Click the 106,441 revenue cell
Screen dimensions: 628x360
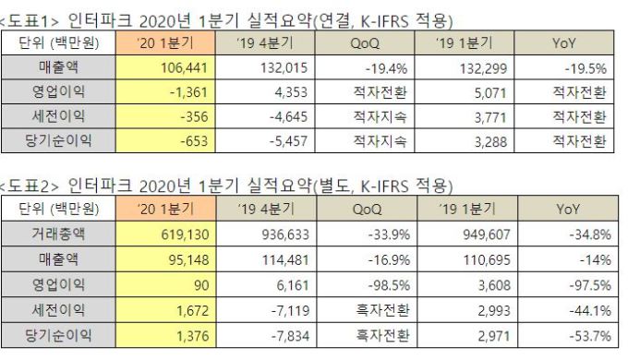(x=165, y=67)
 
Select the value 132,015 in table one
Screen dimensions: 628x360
(x=265, y=67)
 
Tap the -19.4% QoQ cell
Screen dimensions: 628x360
(x=365, y=67)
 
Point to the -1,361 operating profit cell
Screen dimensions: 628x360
(x=165, y=91)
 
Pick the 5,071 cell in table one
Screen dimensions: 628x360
(x=465, y=91)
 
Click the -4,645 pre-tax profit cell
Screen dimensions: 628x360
(x=265, y=116)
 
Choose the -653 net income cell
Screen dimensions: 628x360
(x=165, y=140)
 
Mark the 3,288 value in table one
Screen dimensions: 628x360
(x=465, y=140)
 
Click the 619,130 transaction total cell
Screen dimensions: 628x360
(x=166, y=234)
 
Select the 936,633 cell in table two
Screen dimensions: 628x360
(x=266, y=234)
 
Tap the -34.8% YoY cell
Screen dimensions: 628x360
(x=568, y=234)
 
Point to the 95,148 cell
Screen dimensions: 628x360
(x=166, y=259)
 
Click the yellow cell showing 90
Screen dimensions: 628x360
(x=166, y=284)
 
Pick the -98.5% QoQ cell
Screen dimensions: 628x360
(x=367, y=284)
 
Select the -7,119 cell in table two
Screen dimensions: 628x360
(x=266, y=309)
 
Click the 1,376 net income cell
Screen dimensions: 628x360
(x=166, y=335)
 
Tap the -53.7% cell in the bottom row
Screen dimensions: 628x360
(x=568, y=335)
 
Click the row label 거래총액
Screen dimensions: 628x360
(x=58, y=234)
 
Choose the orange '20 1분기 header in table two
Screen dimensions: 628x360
(x=166, y=209)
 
